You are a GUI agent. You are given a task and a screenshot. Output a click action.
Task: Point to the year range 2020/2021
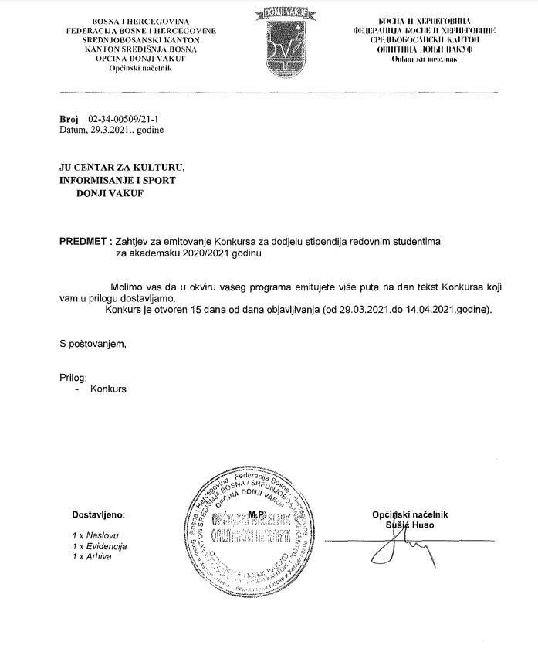click(x=209, y=253)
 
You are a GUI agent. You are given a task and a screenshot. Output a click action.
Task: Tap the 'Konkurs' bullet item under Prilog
click(x=107, y=389)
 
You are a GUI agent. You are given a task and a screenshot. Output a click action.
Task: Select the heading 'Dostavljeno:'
click(x=97, y=514)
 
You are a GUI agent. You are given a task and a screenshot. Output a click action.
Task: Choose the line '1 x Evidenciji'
click(x=99, y=546)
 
